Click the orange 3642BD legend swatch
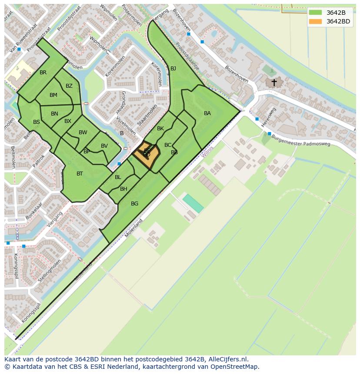click(316, 21)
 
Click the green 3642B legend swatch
click(316, 13)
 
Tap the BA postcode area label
click(207, 113)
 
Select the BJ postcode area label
click(173, 69)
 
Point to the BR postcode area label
click(43, 73)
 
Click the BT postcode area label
click(80, 174)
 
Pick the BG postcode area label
click(134, 204)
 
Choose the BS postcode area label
click(37, 122)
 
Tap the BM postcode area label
click(53, 95)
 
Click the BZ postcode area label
click(69, 86)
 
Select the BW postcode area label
click(83, 132)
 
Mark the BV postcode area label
click(104, 146)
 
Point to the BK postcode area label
click(160, 129)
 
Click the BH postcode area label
click(123, 189)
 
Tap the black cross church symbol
click(274, 82)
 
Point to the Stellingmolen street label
click(50, 270)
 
